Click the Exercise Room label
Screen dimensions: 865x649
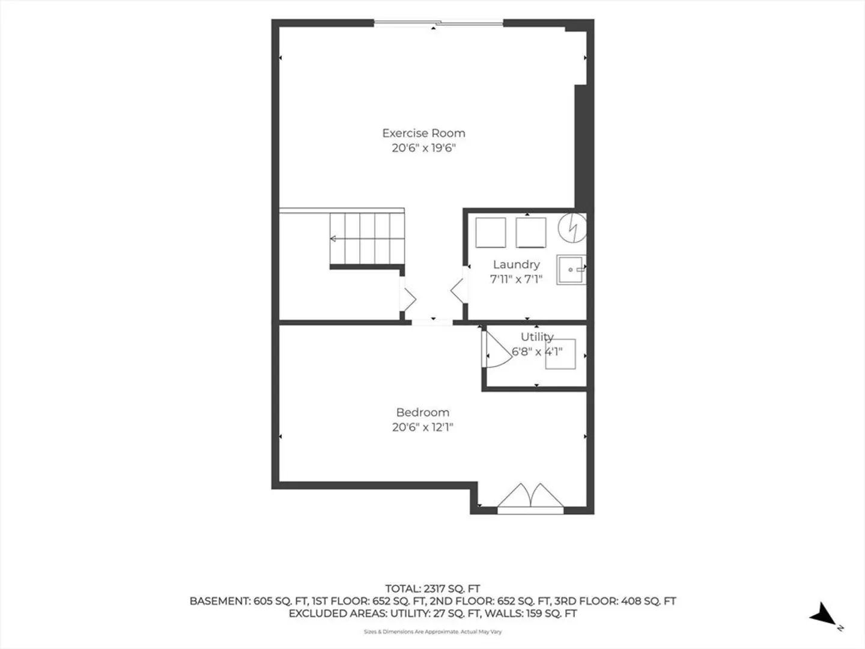click(x=423, y=133)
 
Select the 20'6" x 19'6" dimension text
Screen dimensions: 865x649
click(x=423, y=148)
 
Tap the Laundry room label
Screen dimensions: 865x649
click(x=516, y=265)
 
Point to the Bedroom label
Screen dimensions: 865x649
click(x=422, y=413)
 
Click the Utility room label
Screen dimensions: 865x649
click(x=537, y=337)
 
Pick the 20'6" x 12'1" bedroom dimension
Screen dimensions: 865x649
click(x=422, y=427)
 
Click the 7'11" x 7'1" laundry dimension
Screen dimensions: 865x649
click(x=516, y=279)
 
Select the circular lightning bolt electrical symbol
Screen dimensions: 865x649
click(x=572, y=228)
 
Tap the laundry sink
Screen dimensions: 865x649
click(x=571, y=270)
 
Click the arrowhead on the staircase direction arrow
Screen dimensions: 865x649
click(x=333, y=239)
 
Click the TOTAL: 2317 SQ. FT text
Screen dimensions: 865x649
click(x=432, y=589)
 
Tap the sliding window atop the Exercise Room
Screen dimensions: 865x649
click(x=439, y=23)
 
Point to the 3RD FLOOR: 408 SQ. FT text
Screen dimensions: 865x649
click(x=615, y=602)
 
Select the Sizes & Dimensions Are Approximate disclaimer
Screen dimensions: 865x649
click(x=432, y=632)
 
